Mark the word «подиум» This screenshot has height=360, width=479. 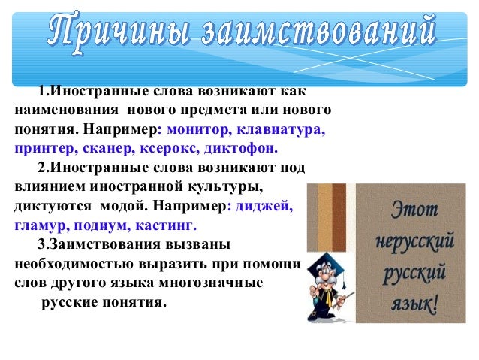point(99,224)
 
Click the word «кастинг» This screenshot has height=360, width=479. point(165,224)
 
